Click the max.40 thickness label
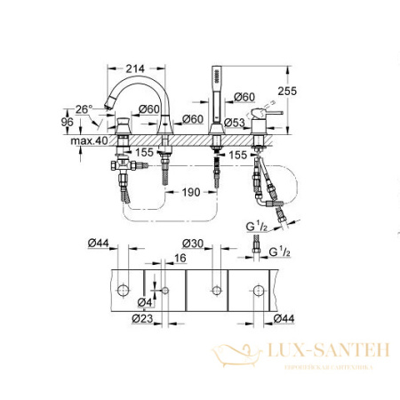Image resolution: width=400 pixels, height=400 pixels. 87,141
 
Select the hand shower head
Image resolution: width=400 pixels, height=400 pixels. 214,81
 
